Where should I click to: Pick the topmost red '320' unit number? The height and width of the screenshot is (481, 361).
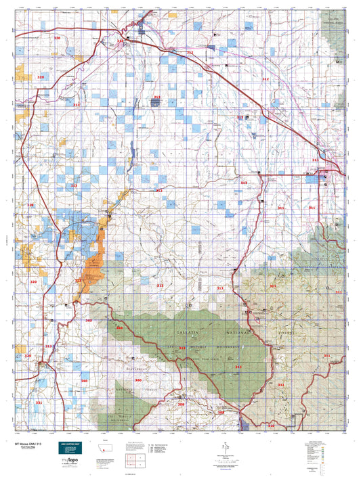[x=57, y=39]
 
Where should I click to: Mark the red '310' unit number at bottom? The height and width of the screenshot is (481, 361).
[x=271, y=426]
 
